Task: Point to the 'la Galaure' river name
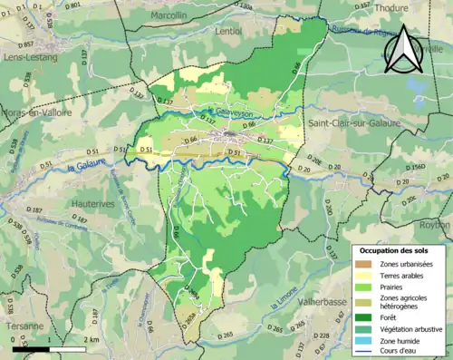pyautogui.click(x=87, y=168)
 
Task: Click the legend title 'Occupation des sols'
pyautogui.click(x=396, y=249)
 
